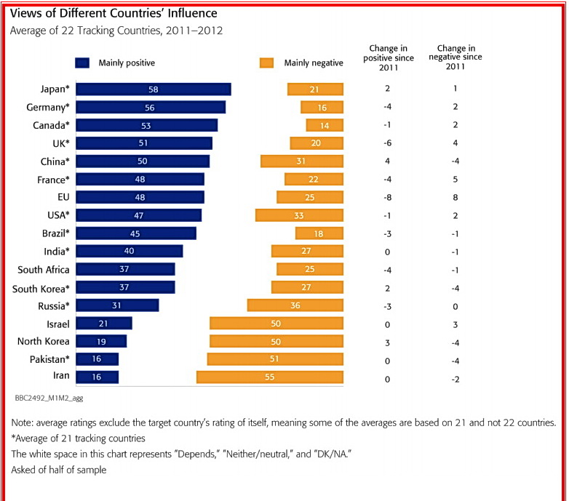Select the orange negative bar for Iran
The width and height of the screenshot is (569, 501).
(270, 377)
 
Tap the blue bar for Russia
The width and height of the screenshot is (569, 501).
(117, 305)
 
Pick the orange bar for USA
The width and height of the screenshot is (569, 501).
(299, 215)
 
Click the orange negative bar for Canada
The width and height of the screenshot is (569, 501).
(325, 125)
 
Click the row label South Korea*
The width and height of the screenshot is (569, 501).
(41, 287)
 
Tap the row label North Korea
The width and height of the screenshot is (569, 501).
(43, 341)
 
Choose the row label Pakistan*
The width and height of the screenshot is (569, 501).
(45, 358)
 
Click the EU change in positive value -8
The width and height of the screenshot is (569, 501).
(387, 197)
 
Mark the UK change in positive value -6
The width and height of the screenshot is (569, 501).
(387, 143)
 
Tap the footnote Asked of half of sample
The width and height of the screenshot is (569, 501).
(58, 470)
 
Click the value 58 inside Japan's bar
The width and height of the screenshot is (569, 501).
(154, 89)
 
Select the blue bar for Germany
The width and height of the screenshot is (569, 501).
(151, 107)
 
